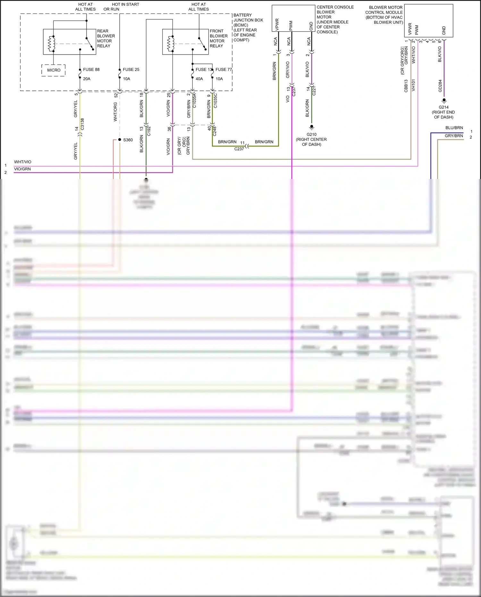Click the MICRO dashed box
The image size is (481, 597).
[54, 70]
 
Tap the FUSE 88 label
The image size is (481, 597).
[91, 70]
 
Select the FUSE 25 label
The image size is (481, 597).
[131, 70]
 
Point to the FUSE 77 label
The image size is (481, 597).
[223, 70]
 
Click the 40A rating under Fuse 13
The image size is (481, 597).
[199, 79]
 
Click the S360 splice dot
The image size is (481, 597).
[120, 140]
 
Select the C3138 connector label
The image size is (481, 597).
[82, 124]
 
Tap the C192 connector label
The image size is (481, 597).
[149, 131]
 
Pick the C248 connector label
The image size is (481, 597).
[215, 131]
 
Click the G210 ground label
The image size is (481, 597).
[311, 135]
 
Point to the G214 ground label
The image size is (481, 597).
[443, 107]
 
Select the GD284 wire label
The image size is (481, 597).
[440, 86]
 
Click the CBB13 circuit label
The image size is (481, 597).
[406, 86]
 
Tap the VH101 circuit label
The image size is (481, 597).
[413, 85]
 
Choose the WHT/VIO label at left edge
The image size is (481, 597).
[22, 162]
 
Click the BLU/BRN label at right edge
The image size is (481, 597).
[454, 128]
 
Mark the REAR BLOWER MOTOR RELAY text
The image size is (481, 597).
[106, 38]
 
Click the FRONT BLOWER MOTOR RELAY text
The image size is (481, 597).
[218, 38]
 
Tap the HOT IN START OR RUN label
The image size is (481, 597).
[121, 7]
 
